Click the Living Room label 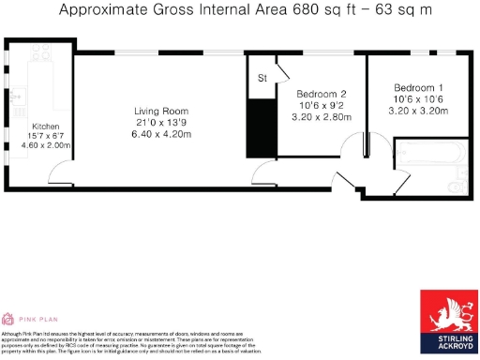pos(154,112)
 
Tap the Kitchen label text pos(46,126)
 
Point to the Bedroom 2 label pos(322,95)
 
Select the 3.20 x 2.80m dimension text pos(322,118)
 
